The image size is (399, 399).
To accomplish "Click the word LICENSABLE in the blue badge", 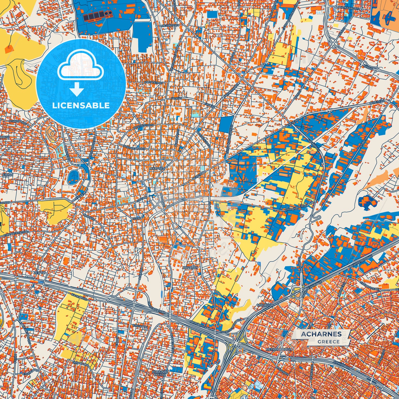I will coord(81,105).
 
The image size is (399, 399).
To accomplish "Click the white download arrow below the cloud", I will coord(77,89).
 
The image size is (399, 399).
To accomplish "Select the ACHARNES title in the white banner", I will coord(321,334).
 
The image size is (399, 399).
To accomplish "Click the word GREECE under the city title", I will coord(328,342).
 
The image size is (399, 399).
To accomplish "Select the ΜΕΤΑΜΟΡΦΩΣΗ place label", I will coord(279,349).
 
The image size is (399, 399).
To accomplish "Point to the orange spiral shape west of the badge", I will coord(51,134).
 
